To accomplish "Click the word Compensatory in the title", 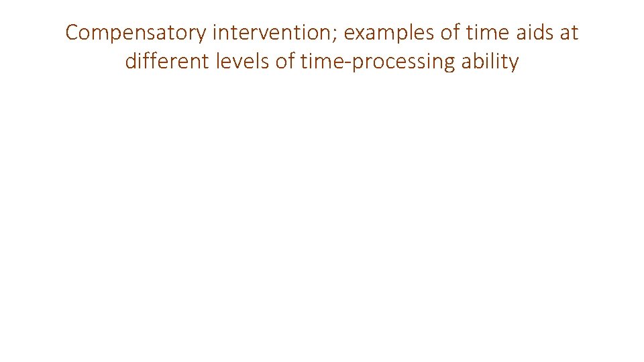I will coord(136,33).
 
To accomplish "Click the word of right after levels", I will coord(284,62).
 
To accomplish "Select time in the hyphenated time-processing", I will coord(321,62).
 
